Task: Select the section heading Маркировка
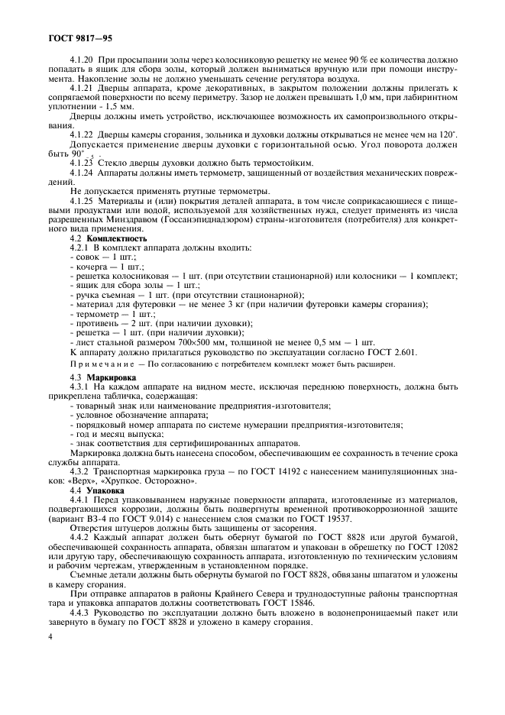[x=112, y=377]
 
